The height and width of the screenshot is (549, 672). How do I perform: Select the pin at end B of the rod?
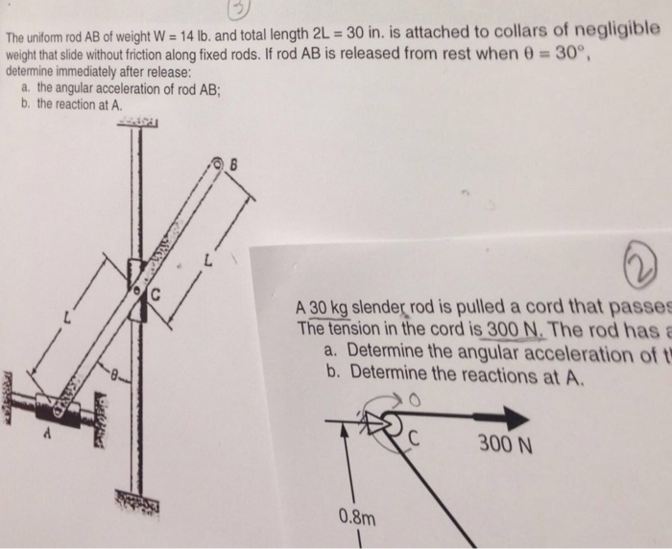coord(217,165)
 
